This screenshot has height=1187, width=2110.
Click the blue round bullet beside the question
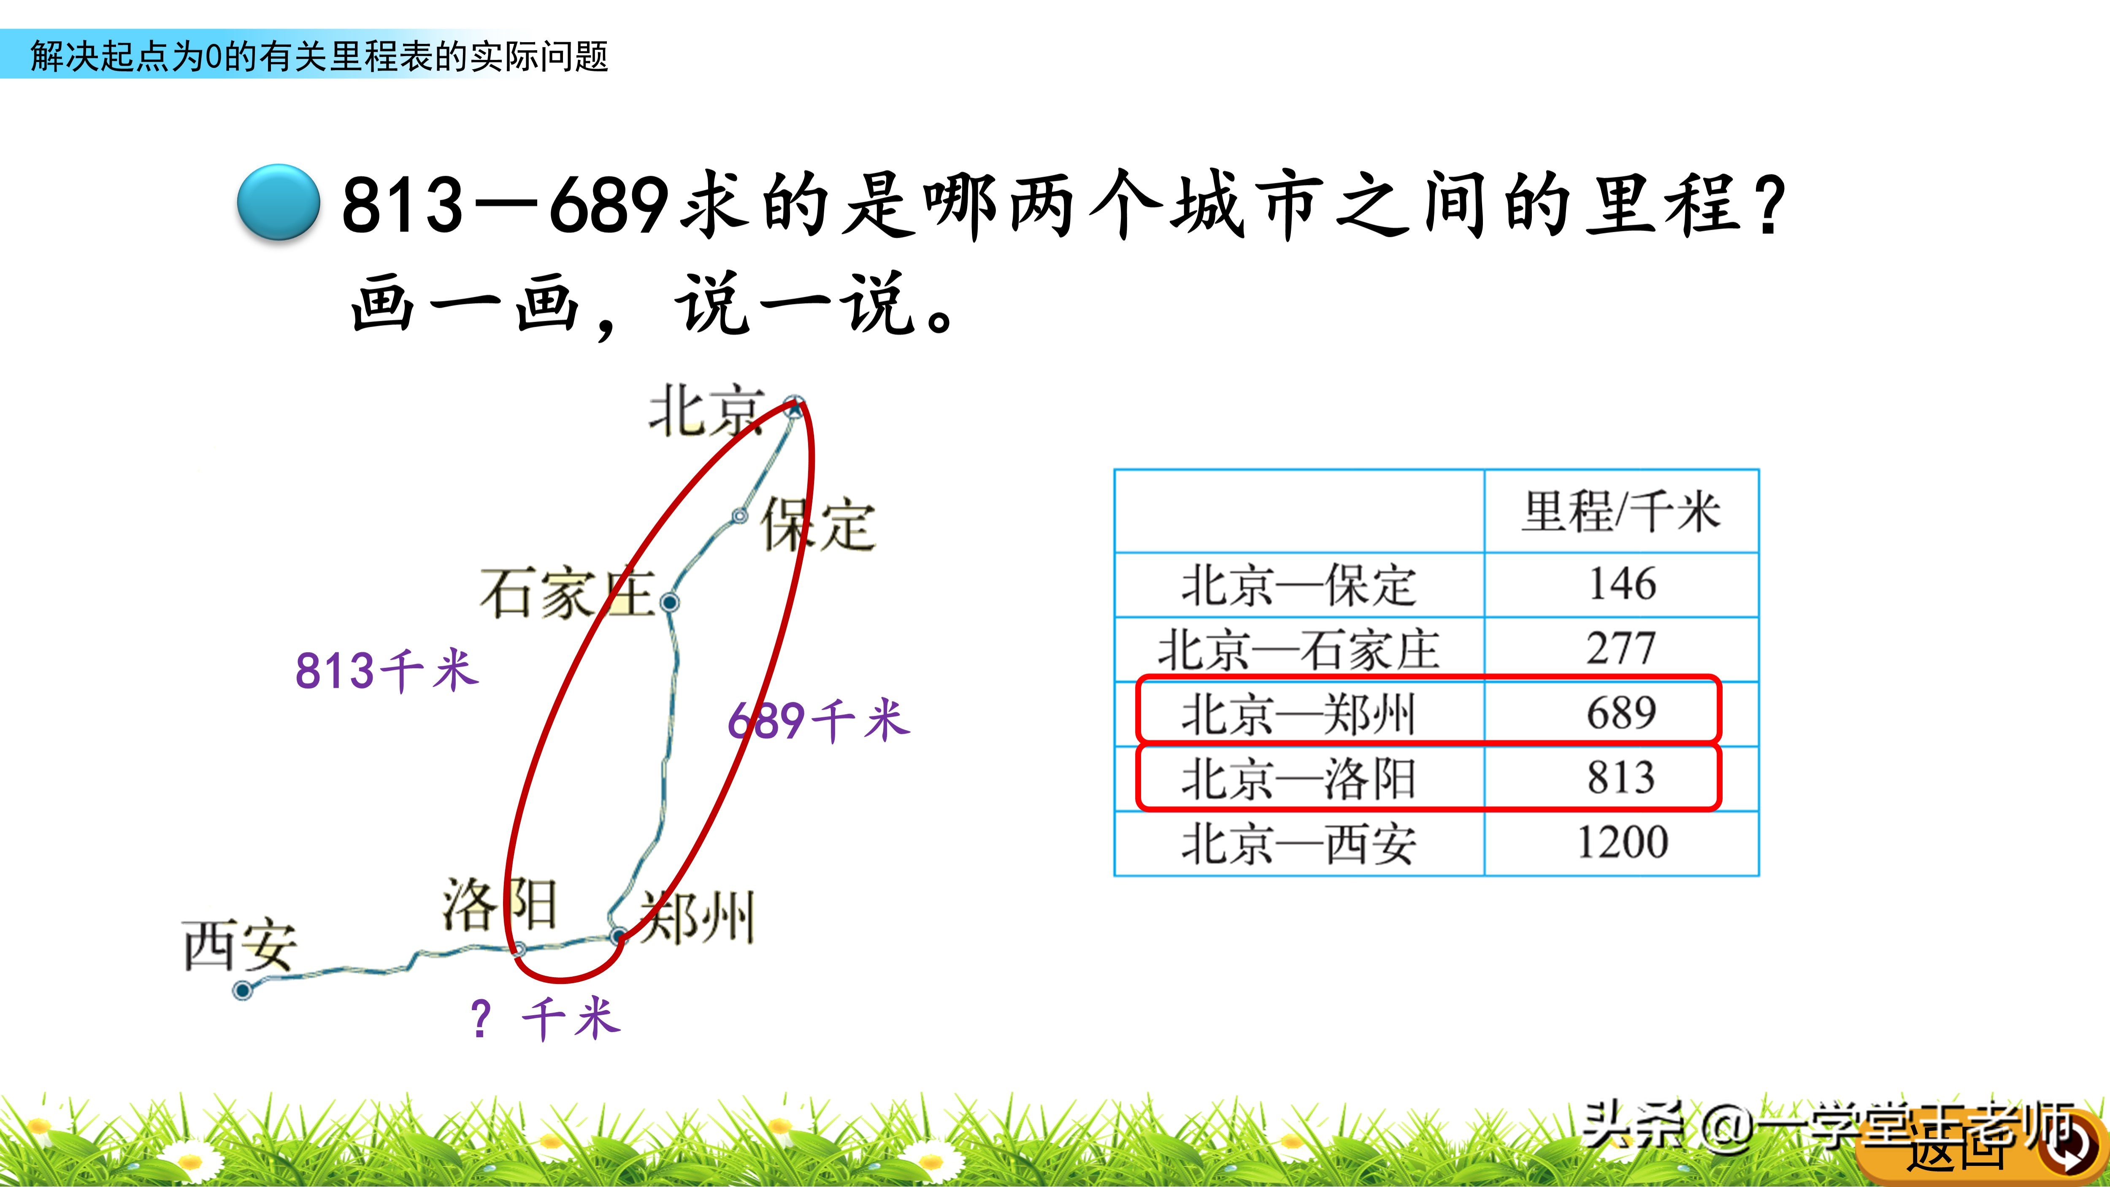pos(279,202)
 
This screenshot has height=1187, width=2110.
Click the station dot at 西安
pos(243,990)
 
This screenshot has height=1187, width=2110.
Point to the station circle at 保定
pos(740,515)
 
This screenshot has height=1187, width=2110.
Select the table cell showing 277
pos(1621,649)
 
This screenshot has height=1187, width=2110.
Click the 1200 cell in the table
pos(1621,842)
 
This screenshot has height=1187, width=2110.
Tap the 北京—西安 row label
pos(1298,844)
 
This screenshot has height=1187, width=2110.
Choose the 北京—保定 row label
pos(1298,585)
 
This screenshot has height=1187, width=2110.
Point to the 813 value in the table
pos(1621,778)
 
